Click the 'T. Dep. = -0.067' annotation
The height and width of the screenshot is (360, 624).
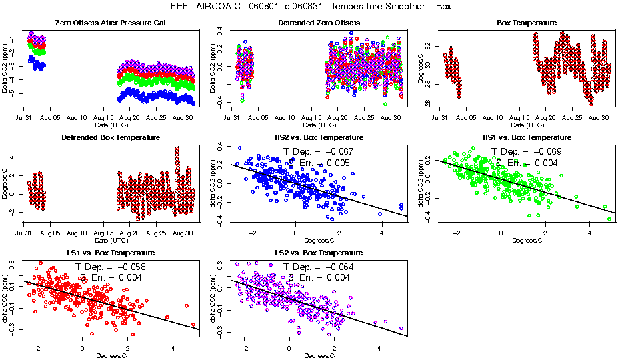319,152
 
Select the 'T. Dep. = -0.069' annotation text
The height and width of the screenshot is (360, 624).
527,152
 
